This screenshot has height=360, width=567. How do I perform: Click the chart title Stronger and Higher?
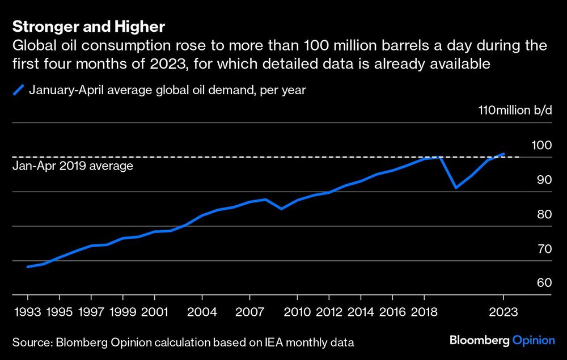pos(88,27)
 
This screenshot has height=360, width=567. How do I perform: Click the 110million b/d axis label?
pos(515,110)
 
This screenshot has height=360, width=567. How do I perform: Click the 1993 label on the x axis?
pos(28,312)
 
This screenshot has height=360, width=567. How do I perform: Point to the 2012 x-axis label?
pos(329,312)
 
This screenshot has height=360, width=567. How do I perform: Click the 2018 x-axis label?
pos(424,312)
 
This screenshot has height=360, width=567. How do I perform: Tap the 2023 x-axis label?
pos(503,312)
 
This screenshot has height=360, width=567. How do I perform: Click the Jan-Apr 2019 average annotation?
pos(73,167)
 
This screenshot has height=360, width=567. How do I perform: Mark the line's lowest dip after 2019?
pos(456,188)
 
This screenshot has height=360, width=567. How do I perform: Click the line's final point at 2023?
pos(503,154)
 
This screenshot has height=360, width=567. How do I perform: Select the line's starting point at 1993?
pos(28,266)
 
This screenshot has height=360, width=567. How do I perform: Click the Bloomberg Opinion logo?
pos(502,341)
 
